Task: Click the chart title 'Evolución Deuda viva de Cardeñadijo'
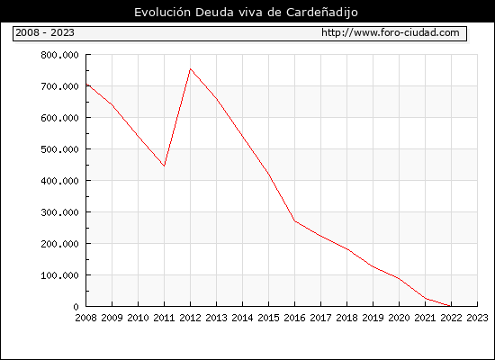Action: coord(246,13)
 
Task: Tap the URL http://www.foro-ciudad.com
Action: coord(391,32)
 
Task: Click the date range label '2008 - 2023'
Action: coord(45,32)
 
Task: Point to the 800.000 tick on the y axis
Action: coord(59,55)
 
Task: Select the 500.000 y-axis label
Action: coord(59,149)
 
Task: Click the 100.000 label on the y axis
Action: coord(59,275)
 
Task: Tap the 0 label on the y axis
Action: coord(76,307)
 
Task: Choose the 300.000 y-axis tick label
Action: coord(59,212)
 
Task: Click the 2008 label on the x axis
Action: coord(85,318)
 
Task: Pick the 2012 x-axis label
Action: coord(191,318)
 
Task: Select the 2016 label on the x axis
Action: coord(295,318)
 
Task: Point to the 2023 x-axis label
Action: coord(477,318)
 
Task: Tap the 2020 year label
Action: coord(399,318)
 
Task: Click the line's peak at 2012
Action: coord(191,68)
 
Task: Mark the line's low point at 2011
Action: coord(164,166)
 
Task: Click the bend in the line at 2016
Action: coord(295,221)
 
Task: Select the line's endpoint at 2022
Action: coord(451,306)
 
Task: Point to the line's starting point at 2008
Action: coord(86,85)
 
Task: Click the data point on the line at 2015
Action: coord(269,175)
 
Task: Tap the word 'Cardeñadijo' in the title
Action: coord(322,13)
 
